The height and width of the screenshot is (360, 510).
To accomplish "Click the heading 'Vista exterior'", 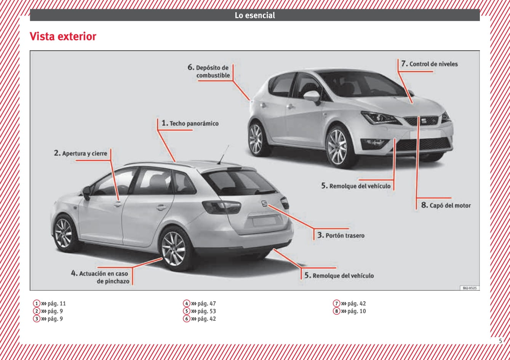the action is click(x=63, y=37).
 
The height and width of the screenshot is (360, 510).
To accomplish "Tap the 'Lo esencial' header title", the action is click(x=255, y=15).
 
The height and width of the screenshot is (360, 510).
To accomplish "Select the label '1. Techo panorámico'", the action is click(x=190, y=123).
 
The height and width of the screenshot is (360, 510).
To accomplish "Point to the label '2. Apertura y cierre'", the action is click(x=80, y=153).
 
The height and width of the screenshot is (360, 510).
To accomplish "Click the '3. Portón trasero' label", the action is click(x=341, y=235).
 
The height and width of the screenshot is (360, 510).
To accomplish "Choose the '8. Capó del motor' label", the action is click(x=446, y=205).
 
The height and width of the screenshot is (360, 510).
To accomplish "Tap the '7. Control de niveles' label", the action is click(x=429, y=64).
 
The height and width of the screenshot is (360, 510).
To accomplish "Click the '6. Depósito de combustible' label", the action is click(x=209, y=71).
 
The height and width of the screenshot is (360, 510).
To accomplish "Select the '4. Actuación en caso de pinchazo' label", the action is click(x=100, y=277).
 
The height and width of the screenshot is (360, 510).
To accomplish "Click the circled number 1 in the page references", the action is click(x=37, y=303).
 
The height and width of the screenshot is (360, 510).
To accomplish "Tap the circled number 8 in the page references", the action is click(x=336, y=311).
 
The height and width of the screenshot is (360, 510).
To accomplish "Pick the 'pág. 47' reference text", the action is click(x=206, y=304).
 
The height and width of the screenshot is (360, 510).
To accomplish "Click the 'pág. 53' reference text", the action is click(x=206, y=311).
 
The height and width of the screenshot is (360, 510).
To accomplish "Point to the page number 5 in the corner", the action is click(x=500, y=341).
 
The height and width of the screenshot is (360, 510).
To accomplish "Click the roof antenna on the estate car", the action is click(x=223, y=154).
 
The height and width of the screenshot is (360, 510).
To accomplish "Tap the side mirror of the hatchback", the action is click(x=312, y=97).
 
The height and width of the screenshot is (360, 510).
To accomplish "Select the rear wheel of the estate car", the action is click(x=175, y=249).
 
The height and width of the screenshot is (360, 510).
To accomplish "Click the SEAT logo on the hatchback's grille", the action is click(x=423, y=121).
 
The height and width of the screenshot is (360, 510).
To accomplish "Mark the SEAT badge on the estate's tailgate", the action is click(x=264, y=203).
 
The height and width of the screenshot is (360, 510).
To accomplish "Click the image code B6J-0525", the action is click(x=470, y=288).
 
